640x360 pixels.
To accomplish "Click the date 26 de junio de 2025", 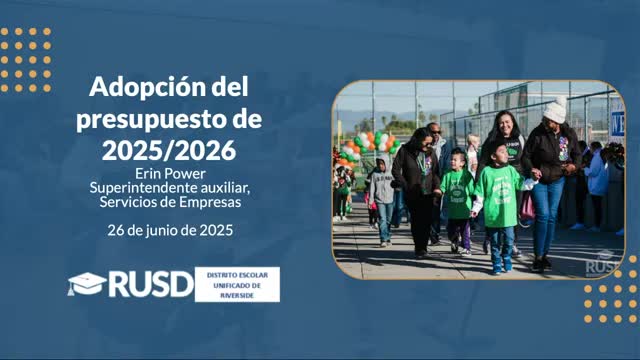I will (x=170, y=229).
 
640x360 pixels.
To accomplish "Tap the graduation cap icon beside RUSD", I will (x=86, y=284).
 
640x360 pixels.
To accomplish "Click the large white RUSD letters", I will (x=150, y=284).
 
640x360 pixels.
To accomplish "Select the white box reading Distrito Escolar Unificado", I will (x=237, y=284).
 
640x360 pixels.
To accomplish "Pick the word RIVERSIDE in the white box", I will (x=237, y=295).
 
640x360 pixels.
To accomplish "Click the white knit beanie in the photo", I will (x=555, y=111).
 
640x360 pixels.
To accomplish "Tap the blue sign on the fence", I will (x=617, y=124).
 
